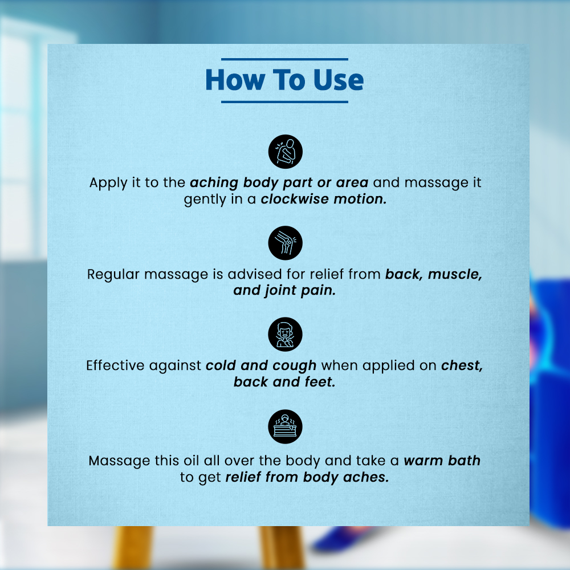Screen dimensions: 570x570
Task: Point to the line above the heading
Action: click(x=284, y=59)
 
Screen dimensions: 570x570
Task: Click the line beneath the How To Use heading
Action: click(x=284, y=102)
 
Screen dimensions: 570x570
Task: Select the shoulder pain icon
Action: click(x=286, y=152)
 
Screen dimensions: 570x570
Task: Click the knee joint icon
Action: click(x=286, y=243)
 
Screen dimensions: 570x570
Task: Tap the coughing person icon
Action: click(x=286, y=335)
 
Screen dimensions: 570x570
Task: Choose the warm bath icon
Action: click(x=286, y=427)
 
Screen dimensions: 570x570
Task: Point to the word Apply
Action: click(x=108, y=183)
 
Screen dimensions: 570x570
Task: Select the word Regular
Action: click(x=113, y=275)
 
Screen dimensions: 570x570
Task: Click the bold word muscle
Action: click(x=455, y=275)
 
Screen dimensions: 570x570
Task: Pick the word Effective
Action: click(x=115, y=366)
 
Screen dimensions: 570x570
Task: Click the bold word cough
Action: click(x=295, y=366)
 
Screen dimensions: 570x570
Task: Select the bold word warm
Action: click(x=424, y=461)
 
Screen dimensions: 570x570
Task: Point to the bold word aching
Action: click(x=214, y=183)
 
